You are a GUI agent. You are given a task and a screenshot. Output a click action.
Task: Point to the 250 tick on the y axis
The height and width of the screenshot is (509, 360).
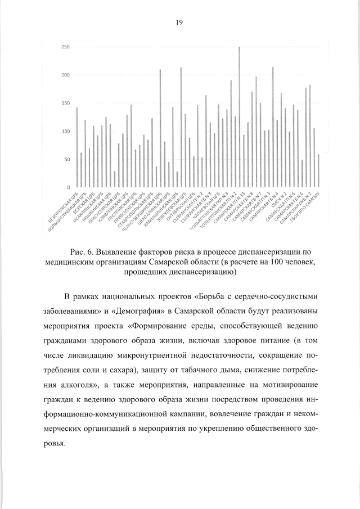point(66,47)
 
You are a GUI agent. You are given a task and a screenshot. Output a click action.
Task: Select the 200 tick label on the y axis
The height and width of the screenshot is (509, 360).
point(66,75)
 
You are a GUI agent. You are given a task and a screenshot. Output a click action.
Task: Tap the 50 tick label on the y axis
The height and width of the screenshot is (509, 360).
point(67,160)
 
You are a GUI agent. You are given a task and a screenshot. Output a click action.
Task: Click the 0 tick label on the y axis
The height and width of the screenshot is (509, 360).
point(69,187)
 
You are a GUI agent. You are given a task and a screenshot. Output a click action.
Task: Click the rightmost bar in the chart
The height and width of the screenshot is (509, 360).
point(318,170)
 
